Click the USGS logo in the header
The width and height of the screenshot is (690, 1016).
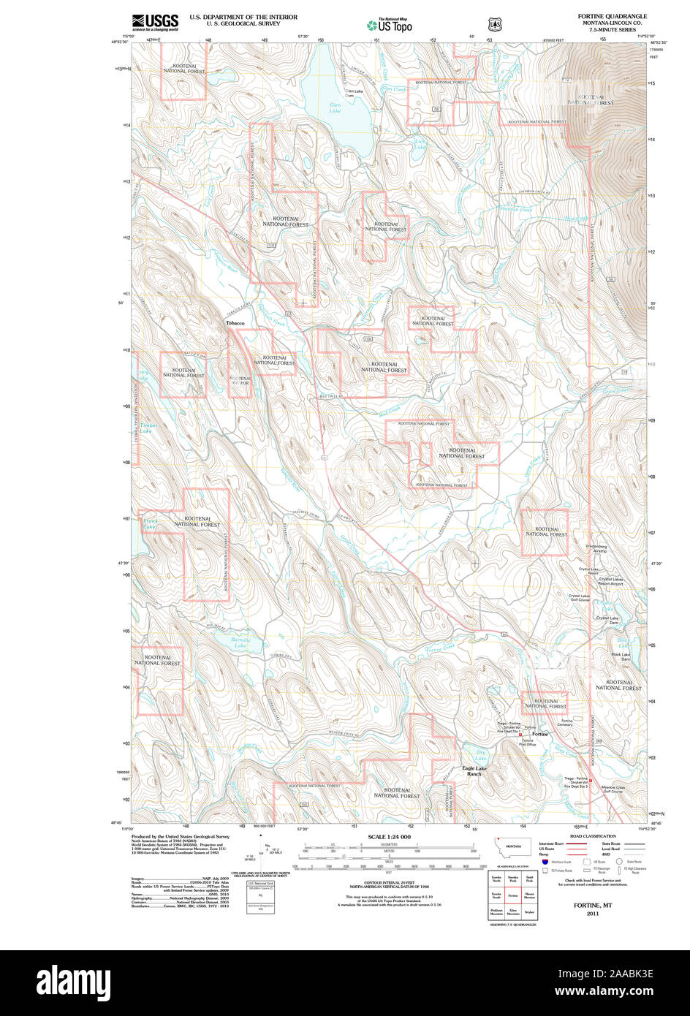tap(155, 22)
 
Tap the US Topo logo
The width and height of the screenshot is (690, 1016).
tap(389, 25)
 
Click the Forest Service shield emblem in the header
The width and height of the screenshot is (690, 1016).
tap(494, 24)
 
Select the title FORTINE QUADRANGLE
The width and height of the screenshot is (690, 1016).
tap(612, 16)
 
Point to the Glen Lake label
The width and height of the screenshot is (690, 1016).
tap(335, 107)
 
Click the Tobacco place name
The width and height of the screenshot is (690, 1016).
tap(235, 323)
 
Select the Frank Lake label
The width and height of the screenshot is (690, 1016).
tap(149, 524)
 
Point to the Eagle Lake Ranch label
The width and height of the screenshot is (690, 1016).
tap(474, 770)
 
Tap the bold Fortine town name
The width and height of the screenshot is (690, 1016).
tap(539, 734)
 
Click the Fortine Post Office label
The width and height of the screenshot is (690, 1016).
tap(528, 743)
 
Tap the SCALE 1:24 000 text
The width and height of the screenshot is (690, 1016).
tap(389, 837)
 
